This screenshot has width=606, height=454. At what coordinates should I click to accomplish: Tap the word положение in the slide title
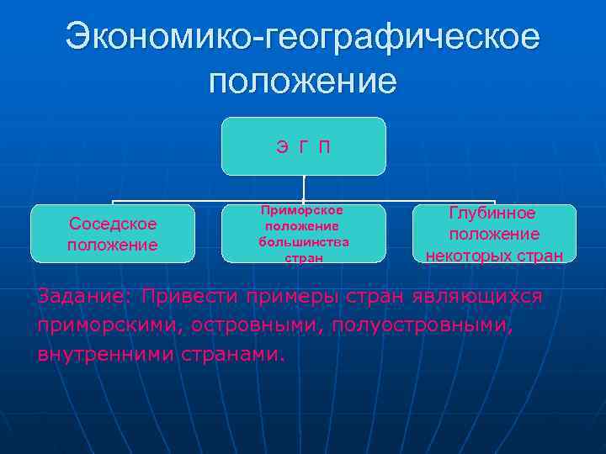pyautogui.click(x=302, y=82)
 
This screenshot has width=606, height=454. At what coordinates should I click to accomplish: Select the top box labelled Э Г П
pyautogui.click(x=303, y=146)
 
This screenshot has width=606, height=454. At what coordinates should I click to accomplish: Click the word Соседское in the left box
pyautogui.click(x=112, y=224)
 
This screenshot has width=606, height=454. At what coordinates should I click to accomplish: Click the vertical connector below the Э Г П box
pyautogui.click(x=303, y=187)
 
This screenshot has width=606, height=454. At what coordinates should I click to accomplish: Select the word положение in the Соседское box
pyautogui.click(x=112, y=245)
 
